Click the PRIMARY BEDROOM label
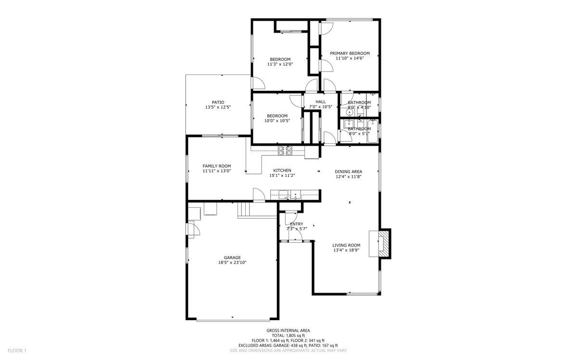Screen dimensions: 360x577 point(350,53)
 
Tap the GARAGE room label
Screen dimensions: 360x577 point(232,257)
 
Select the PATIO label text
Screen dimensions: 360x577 point(218,102)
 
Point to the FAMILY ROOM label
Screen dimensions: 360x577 point(217,166)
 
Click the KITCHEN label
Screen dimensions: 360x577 point(282,170)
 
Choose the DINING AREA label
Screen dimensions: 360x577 point(349,171)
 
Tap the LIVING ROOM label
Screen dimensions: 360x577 point(346,245)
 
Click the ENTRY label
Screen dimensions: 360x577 point(297,224)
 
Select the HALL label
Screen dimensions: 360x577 point(321,101)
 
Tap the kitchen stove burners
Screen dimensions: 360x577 point(285,151)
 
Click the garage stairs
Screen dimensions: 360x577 point(246,210)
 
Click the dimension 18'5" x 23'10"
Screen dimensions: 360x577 point(232,262)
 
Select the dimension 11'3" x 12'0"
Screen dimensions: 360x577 point(280,64)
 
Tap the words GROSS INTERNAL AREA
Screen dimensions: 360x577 point(288,330)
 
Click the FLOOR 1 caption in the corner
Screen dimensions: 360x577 point(17,350)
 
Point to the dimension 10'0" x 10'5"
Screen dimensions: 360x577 point(277,121)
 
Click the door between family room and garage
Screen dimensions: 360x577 point(259,195)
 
